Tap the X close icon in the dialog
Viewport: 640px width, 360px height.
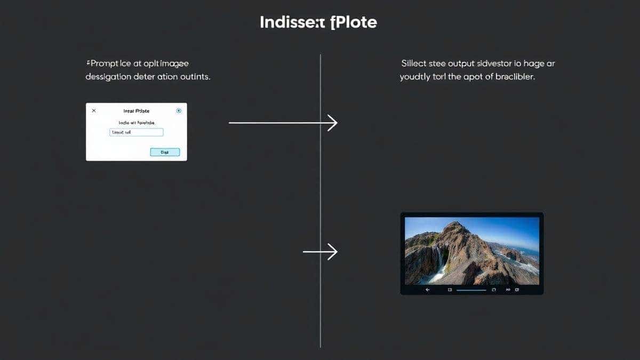[94, 110]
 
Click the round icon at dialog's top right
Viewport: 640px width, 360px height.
[179, 110]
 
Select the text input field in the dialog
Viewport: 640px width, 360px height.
[136, 132]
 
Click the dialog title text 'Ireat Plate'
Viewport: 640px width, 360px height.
[137, 111]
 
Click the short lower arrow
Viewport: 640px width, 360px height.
[320, 251]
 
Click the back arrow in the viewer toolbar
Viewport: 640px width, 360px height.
[428, 290]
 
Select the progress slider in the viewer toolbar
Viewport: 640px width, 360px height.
[471, 290]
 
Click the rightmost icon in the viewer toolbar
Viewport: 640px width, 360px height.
[516, 290]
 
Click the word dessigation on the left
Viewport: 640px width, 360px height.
[109, 77]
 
